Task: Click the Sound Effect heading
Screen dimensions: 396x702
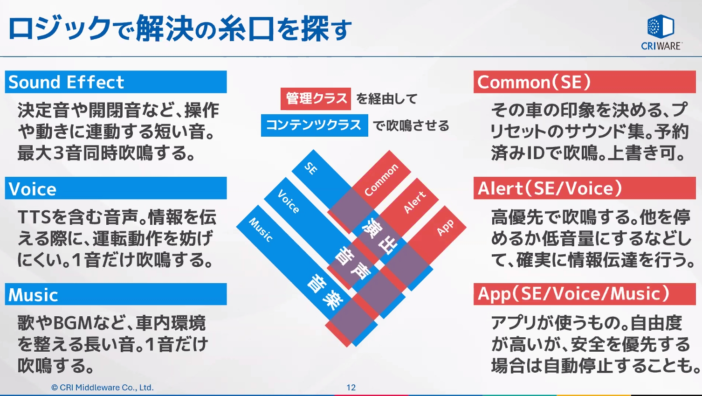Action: click(66, 82)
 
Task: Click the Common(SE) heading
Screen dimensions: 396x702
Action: click(534, 82)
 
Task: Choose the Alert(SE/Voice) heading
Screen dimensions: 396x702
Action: click(550, 188)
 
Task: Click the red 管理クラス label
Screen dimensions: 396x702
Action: click(316, 98)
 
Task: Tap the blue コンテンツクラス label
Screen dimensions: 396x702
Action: click(314, 125)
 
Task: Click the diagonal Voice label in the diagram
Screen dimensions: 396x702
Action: click(289, 201)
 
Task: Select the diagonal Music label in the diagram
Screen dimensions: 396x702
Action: click(261, 229)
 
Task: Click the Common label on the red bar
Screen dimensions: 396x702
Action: click(381, 180)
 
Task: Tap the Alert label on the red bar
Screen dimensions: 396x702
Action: click(414, 202)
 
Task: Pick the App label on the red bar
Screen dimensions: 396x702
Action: click(445, 227)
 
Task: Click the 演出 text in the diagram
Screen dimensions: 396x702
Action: click(380, 235)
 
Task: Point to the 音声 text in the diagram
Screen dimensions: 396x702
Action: click(353, 263)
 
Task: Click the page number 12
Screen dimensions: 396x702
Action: click(351, 387)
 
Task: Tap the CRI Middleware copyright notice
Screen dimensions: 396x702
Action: click(102, 387)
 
